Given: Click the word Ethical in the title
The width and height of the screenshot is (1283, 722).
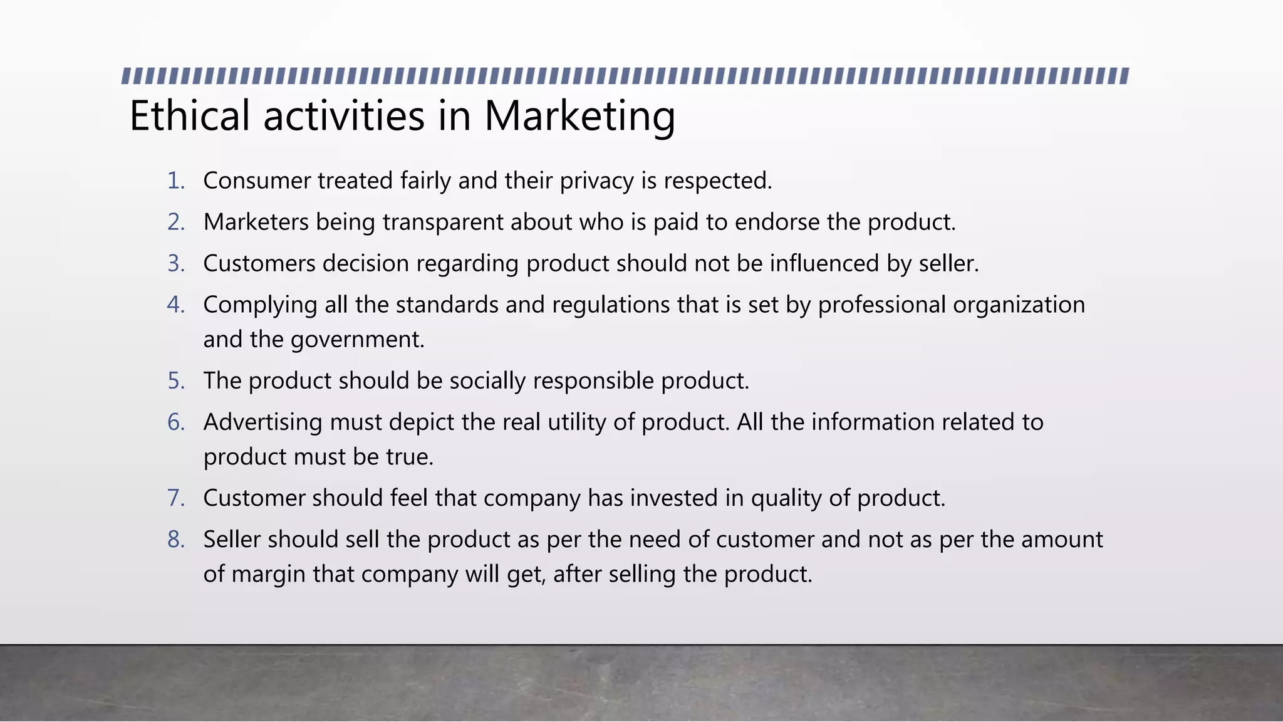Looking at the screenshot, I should click(189, 116).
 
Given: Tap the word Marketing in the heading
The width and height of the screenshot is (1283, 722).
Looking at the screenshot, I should click(579, 116).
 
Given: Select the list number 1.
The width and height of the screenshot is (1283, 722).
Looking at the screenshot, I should click(175, 180).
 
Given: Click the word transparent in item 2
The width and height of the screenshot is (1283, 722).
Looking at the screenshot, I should click(443, 222).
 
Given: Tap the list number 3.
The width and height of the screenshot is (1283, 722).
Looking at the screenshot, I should click(175, 263).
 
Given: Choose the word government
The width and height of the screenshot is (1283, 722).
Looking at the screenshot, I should click(357, 339).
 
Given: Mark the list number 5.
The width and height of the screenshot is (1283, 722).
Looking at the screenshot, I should click(175, 380).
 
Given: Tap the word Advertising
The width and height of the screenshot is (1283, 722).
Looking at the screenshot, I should click(262, 422).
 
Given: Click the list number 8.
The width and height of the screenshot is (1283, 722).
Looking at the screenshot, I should click(175, 539).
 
